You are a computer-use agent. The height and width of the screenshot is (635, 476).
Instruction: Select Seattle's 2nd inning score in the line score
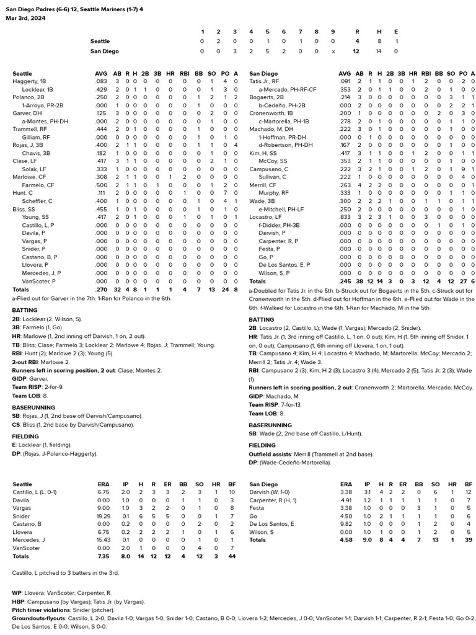point(218,41)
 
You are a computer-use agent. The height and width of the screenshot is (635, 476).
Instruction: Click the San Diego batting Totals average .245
point(345,282)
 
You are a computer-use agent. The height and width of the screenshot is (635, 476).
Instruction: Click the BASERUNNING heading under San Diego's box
point(270,425)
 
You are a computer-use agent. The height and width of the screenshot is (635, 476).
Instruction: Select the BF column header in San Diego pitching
point(468,484)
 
